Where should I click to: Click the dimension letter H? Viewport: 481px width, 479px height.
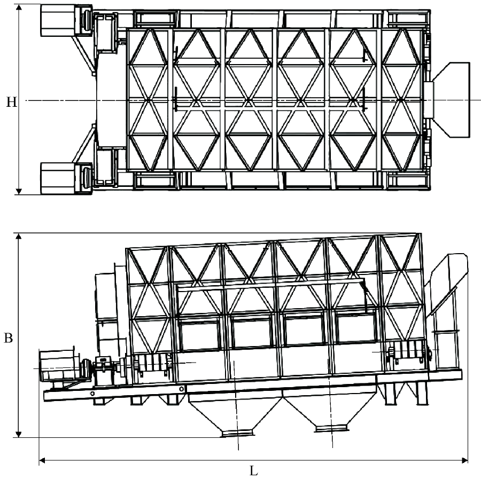(9, 100)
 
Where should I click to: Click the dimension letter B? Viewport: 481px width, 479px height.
(8, 338)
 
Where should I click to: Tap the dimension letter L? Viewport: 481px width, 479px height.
(254, 472)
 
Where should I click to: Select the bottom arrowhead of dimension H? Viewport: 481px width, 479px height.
(19, 191)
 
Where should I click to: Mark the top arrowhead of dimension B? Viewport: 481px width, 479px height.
(19, 235)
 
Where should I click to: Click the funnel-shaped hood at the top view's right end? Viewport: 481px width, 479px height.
(452, 100)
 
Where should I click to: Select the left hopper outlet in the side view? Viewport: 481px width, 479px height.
(236, 431)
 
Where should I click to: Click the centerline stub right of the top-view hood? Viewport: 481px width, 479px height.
(476, 100)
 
